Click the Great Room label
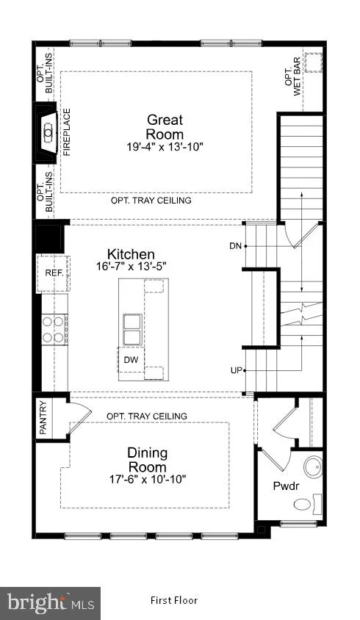(165, 126)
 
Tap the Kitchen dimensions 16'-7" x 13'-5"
(131, 267)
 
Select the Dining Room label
(147, 460)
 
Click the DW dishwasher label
(131, 360)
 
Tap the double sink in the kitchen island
(132, 329)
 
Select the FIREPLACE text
(67, 132)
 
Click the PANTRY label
(43, 418)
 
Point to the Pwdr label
(286, 486)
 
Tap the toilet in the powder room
(307, 503)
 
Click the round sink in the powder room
(313, 467)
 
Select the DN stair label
(235, 246)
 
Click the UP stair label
(236, 371)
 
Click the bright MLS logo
(50, 603)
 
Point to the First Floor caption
(173, 601)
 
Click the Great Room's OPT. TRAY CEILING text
(151, 201)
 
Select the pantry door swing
(80, 413)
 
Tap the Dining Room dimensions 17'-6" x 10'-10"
(148, 480)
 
